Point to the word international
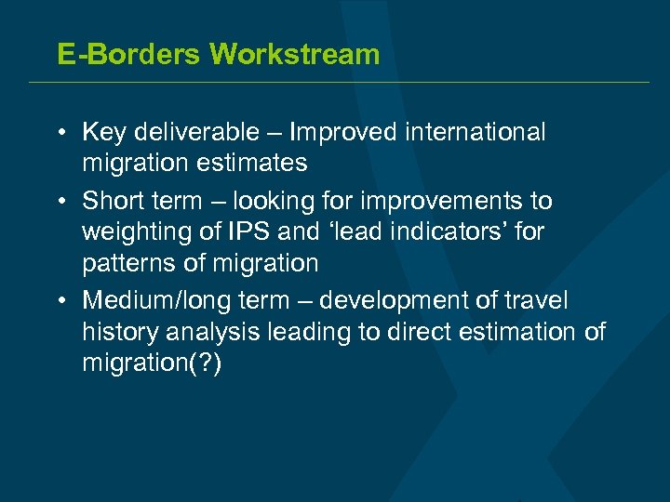pos(476,132)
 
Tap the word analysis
pos(208,332)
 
